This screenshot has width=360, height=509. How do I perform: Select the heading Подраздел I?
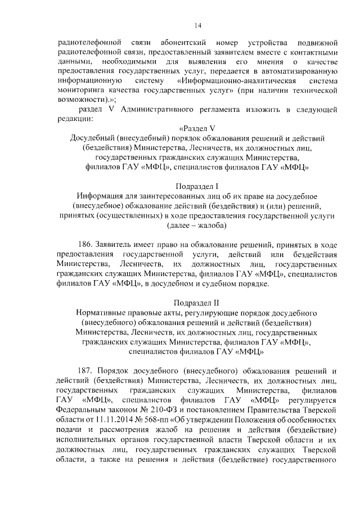(197, 186)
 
